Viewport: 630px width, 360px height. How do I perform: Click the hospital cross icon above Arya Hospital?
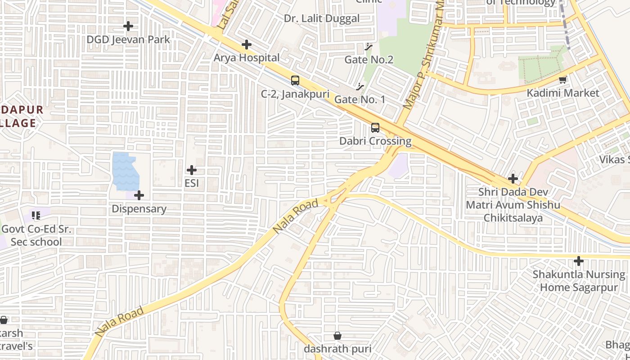[246, 45]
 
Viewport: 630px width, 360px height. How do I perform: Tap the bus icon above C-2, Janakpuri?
[295, 81]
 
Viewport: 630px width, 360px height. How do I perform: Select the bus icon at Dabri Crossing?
[375, 128]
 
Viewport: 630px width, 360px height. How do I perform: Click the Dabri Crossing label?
[375, 141]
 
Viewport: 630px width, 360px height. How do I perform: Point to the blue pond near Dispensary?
[125, 171]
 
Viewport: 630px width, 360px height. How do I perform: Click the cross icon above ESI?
[192, 170]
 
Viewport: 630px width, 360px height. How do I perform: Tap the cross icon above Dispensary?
[139, 195]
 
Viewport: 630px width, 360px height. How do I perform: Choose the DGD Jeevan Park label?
[128, 39]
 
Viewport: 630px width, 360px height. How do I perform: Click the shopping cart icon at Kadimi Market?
[562, 80]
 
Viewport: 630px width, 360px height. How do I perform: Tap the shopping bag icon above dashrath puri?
[337, 336]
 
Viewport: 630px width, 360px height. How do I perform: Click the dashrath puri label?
[337, 349]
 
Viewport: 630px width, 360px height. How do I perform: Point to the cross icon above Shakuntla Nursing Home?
[579, 261]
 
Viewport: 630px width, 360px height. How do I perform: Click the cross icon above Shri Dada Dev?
[513, 179]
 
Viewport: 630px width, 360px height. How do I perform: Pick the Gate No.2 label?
[369, 59]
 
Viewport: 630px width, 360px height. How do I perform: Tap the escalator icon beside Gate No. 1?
[360, 86]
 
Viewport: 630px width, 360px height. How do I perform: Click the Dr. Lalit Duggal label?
[322, 18]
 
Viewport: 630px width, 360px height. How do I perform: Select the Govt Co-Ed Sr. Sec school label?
[36, 235]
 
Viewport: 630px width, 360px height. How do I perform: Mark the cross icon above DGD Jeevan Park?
[128, 26]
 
